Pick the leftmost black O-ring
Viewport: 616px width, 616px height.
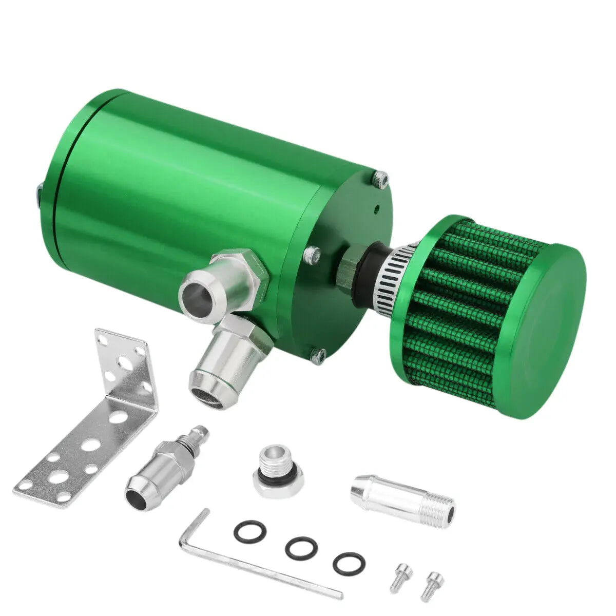point(249,532)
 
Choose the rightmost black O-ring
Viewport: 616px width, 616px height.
point(349,564)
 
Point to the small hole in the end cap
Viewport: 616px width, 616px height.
point(377,209)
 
